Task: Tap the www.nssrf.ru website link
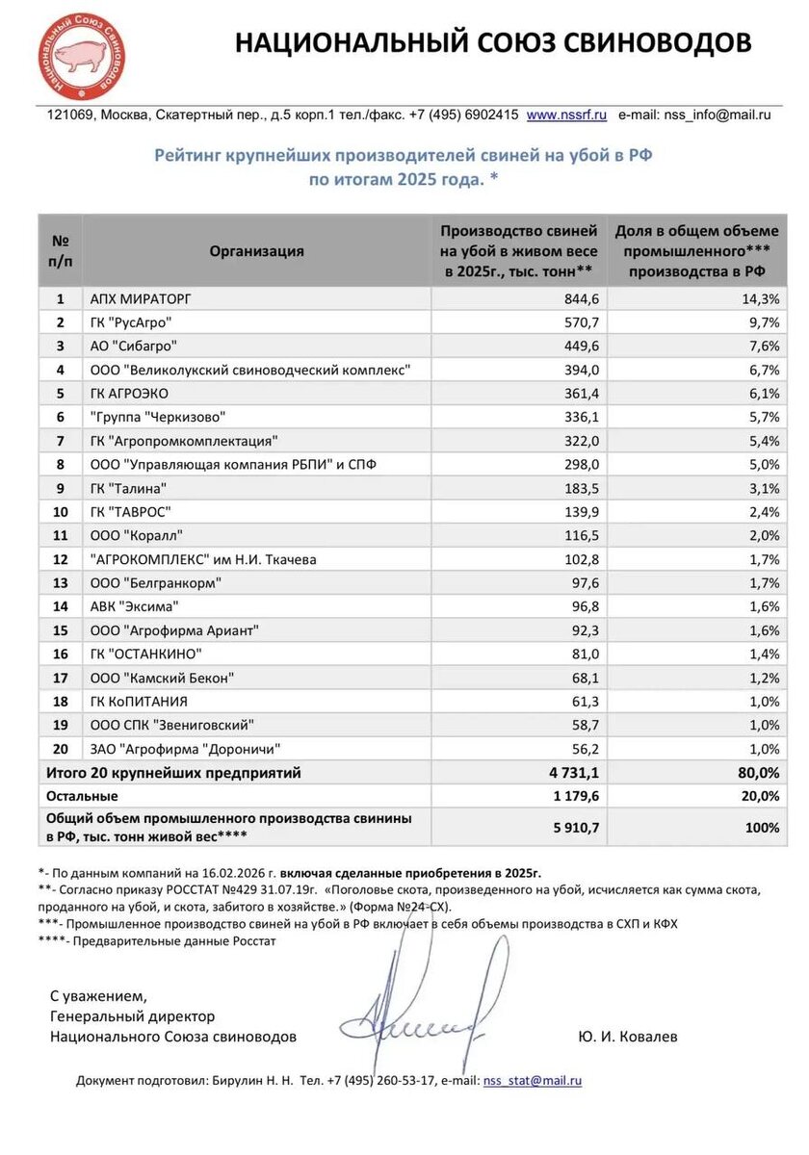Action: point(566,115)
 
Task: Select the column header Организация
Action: point(256,250)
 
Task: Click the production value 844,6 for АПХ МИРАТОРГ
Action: point(581,298)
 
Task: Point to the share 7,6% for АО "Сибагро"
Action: point(762,345)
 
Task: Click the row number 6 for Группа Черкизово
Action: point(60,416)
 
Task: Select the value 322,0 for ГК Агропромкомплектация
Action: point(581,440)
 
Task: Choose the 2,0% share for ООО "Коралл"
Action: point(763,534)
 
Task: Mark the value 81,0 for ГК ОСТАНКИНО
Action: point(585,654)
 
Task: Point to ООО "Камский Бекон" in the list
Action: point(162,678)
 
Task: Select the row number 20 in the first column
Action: point(60,748)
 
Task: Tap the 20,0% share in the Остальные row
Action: point(759,796)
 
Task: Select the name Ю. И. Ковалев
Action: point(628,1037)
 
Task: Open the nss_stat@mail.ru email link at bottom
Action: point(532,1081)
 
